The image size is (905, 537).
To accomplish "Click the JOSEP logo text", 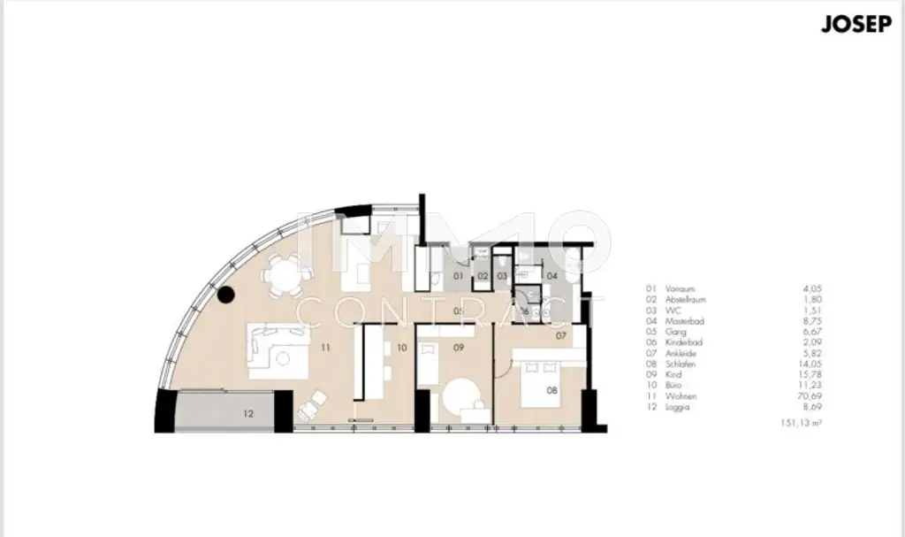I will click(x=857, y=25).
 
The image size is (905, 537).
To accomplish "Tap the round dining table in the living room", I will click(x=285, y=274).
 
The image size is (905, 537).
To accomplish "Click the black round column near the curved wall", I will click(x=227, y=296).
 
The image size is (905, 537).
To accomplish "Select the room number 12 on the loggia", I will click(x=248, y=413).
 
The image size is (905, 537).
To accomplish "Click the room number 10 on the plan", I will click(x=401, y=348).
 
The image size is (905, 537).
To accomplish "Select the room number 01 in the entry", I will click(x=459, y=277).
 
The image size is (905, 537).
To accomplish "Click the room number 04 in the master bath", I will click(x=551, y=277).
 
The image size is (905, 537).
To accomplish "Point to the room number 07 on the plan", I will click(x=560, y=337).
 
